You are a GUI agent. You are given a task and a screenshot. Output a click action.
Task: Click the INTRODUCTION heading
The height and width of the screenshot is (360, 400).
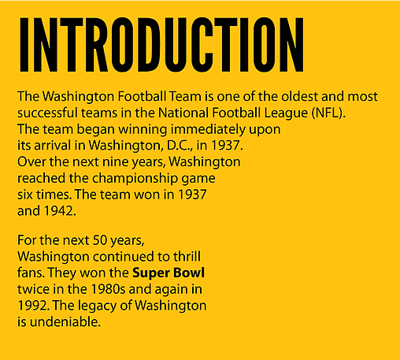161,45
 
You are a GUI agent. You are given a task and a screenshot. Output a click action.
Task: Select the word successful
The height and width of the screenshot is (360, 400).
47,113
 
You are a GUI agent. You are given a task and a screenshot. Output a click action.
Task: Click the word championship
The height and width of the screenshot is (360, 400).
135,179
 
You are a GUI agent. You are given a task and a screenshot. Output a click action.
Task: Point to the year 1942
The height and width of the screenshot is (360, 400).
60,211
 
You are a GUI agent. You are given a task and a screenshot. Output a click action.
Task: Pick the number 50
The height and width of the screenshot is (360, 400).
99,240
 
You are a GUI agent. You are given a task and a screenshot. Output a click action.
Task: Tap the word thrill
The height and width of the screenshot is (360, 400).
187,256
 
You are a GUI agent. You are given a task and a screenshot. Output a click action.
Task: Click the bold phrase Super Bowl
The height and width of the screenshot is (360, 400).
169,273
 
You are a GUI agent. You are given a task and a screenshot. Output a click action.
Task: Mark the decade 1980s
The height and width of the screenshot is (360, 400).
108,289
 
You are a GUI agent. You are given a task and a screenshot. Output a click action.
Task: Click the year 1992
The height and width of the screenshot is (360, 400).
33,306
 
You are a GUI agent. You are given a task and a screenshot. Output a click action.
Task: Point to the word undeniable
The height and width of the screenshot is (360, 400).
65,321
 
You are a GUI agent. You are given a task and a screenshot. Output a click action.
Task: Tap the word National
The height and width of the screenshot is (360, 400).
183,113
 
